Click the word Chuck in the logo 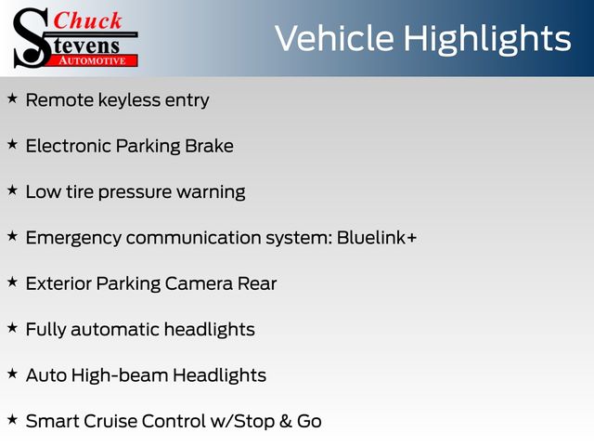[x=87, y=20]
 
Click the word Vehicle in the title [x=334, y=38]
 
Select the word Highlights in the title [x=486, y=40]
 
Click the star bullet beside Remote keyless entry [x=12, y=98]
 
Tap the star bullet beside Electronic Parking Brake [x=12, y=145]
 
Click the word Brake [x=209, y=146]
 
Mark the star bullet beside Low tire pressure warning [x=12, y=190]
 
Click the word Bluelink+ [x=377, y=238]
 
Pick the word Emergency [x=74, y=239]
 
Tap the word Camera [x=199, y=283]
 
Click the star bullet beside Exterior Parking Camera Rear [x=12, y=282]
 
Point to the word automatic [x=115, y=330]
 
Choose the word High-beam [x=120, y=375]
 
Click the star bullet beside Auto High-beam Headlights [x=12, y=374]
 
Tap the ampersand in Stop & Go [x=286, y=421]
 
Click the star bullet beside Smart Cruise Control [x=12, y=420]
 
